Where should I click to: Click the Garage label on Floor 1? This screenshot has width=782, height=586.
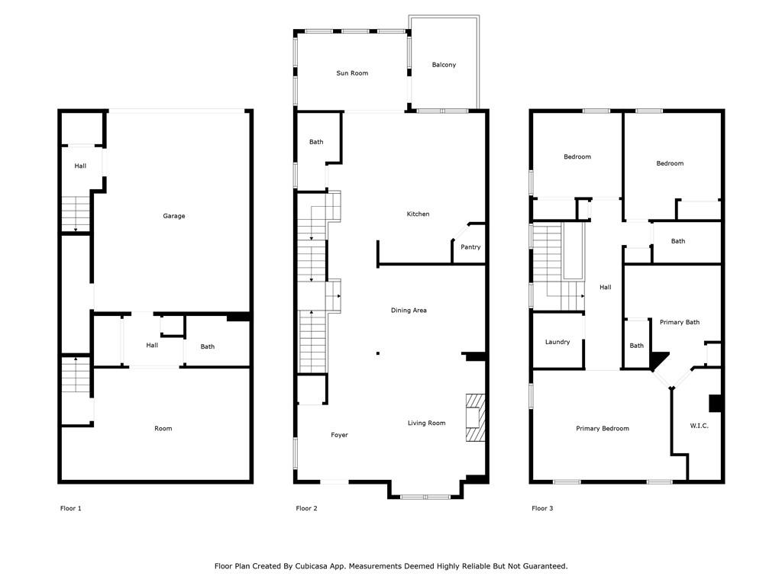click(173, 216)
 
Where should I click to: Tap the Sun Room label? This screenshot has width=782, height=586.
click(352, 72)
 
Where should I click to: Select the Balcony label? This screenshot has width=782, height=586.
click(444, 65)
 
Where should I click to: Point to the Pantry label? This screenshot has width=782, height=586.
click(470, 247)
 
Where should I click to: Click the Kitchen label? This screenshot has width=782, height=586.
click(418, 214)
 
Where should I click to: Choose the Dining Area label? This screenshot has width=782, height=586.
click(409, 310)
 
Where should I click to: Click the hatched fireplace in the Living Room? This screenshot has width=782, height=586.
click(475, 417)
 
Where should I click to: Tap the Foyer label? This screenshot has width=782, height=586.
click(339, 435)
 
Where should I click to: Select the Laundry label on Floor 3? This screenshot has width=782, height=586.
click(557, 342)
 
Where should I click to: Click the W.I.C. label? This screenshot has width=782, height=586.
click(700, 426)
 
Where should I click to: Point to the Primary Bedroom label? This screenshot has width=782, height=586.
click(603, 429)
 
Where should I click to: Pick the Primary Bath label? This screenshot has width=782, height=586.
click(679, 323)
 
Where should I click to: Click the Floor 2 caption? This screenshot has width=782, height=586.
click(306, 508)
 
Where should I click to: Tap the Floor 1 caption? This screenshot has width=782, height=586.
click(70, 508)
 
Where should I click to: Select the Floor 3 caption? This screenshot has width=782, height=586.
click(542, 508)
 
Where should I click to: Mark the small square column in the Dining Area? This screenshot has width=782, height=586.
click(378, 353)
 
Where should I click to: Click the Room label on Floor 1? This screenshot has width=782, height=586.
click(163, 429)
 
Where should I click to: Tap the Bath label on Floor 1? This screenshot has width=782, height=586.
click(208, 347)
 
